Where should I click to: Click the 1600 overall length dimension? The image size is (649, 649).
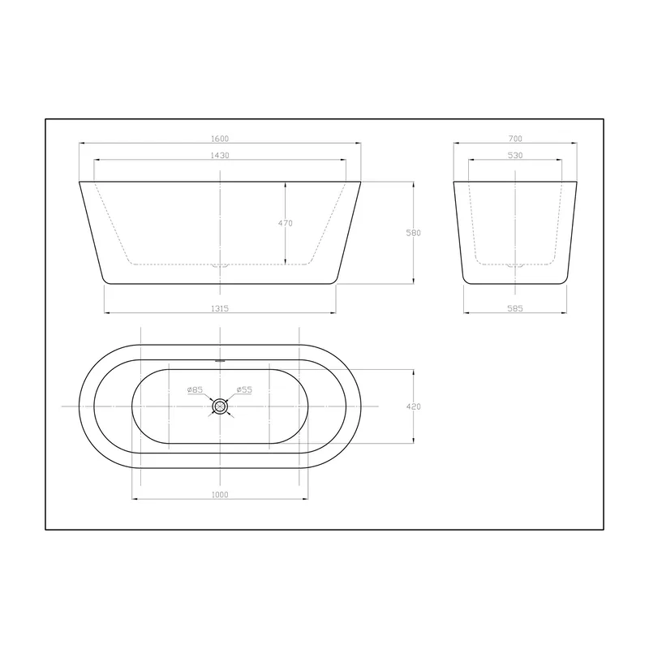[x=220, y=139]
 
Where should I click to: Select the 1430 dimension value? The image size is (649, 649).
[x=220, y=155]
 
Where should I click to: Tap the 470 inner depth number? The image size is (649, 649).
[x=286, y=223]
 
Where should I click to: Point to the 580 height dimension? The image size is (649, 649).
[x=414, y=233]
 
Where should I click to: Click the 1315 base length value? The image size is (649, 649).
[x=220, y=308]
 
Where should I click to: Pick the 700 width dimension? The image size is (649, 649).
[x=515, y=139]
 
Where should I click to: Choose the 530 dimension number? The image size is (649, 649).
[x=515, y=155]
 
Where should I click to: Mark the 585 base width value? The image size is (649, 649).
[x=515, y=308]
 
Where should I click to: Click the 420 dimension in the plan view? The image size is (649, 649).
[x=414, y=406]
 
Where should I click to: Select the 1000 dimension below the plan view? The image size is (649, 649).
[x=220, y=495]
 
